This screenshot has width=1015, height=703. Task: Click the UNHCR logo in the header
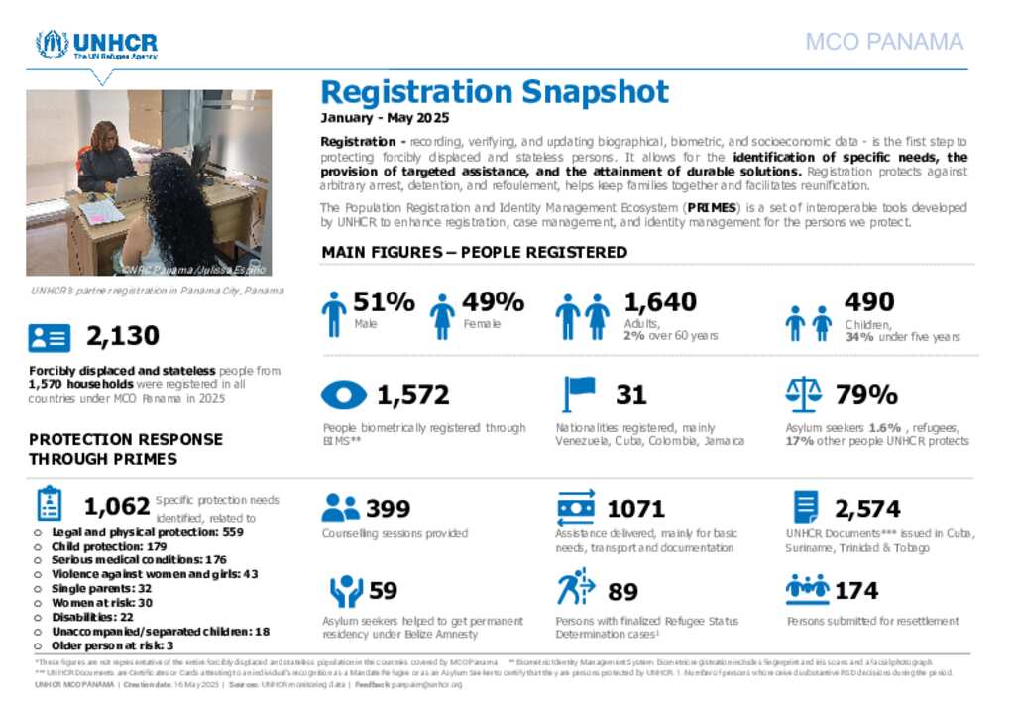pyautogui.click(x=96, y=45)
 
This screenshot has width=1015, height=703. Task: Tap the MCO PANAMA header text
pyautogui.click(x=884, y=42)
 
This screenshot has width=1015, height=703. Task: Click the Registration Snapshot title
pyautogui.click(x=495, y=92)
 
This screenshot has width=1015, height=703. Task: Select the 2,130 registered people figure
pyautogui.click(x=123, y=336)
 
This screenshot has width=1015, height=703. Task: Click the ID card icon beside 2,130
pyautogui.click(x=50, y=337)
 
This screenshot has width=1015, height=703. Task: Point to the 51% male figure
pyautogui.click(x=384, y=301)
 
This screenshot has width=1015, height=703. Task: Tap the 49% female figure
pyautogui.click(x=493, y=301)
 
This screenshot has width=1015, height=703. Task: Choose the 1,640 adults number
pyautogui.click(x=659, y=301)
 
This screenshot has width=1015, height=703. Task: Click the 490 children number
pyautogui.click(x=869, y=301)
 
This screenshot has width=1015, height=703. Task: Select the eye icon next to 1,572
pyautogui.click(x=344, y=395)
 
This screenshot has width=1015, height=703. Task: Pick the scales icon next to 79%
pyautogui.click(x=803, y=394)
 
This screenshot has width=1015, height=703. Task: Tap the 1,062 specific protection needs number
pyautogui.click(x=117, y=507)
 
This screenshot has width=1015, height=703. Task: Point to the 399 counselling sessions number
pyautogui.click(x=388, y=509)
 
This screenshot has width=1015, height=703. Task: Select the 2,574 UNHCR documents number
pyautogui.click(x=867, y=509)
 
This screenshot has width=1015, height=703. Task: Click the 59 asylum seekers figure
pyautogui.click(x=383, y=591)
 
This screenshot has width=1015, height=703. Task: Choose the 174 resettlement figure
pyautogui.click(x=856, y=591)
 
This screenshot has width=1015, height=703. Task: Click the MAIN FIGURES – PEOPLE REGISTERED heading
pyautogui.click(x=474, y=252)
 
